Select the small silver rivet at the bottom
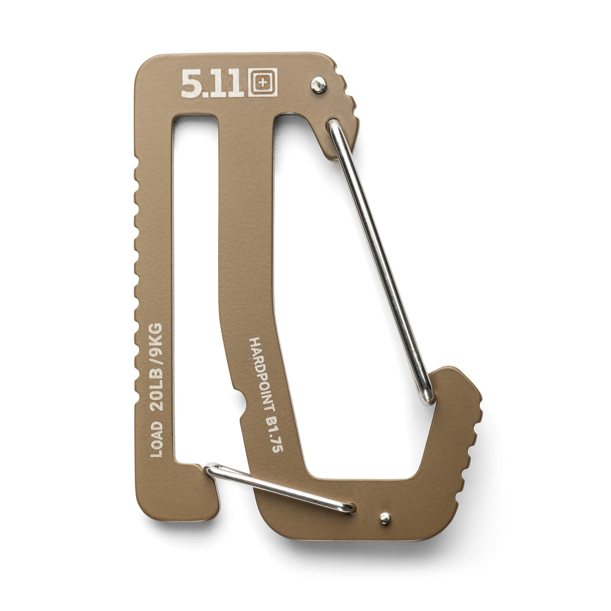384,518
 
